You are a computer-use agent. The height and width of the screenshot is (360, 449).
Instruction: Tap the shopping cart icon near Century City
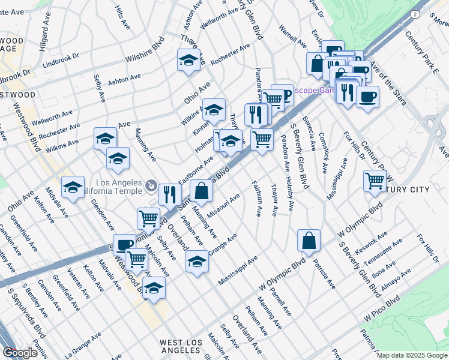tap(375, 179)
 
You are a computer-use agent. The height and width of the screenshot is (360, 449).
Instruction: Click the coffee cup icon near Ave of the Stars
tap(367, 96)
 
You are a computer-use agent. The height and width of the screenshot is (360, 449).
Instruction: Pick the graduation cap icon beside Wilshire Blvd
tap(188, 59)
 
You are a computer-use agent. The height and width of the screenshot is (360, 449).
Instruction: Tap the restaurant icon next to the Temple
tap(170, 193)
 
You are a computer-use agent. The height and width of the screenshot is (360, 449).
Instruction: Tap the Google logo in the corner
tap(19, 353)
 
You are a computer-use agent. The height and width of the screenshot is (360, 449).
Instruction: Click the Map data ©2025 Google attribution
tap(412, 355)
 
